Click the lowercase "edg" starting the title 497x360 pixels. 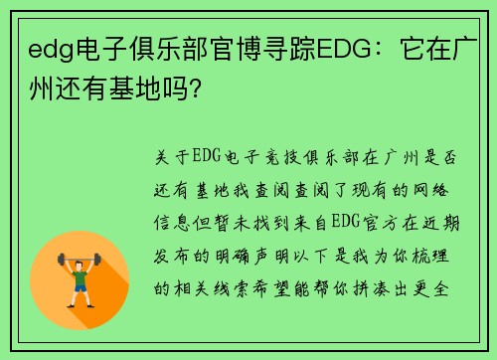[51, 50]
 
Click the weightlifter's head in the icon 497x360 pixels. [81, 262]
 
